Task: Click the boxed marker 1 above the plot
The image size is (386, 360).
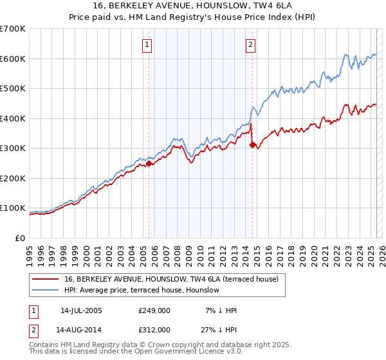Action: point(148,44)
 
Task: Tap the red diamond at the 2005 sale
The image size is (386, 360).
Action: point(149,163)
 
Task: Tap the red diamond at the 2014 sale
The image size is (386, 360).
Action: point(252,145)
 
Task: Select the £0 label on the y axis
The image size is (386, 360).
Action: point(21,238)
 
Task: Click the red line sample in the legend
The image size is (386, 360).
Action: point(45,279)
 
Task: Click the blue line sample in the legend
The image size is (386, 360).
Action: point(45,290)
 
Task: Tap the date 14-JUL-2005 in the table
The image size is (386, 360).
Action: point(81,310)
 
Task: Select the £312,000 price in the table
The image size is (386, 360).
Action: point(154,330)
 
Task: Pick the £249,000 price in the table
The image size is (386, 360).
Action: point(154,310)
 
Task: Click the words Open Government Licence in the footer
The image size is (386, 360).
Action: point(171,353)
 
